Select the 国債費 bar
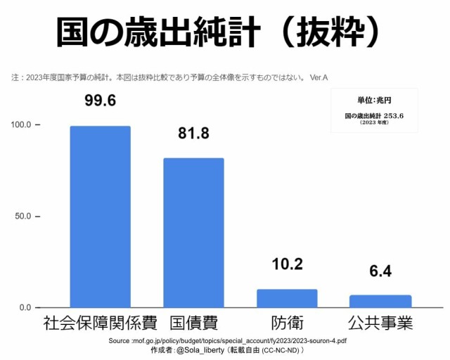193,233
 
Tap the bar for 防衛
286,298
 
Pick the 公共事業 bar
380,301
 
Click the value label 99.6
100,101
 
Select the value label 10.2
287,264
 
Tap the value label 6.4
380,271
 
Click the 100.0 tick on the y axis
21,125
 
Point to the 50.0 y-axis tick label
23,217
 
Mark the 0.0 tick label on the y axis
25,308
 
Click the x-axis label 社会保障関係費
100,324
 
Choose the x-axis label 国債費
193,324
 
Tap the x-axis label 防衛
287,324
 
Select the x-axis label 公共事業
380,324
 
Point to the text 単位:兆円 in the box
374,101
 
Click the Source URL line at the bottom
228,340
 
